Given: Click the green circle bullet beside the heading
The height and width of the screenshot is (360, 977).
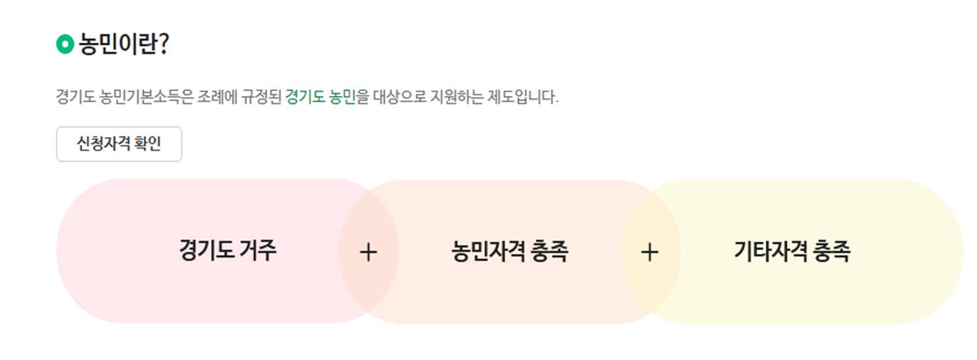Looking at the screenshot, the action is (x=65, y=45).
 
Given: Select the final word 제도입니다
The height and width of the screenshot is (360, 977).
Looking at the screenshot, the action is (x=527, y=97).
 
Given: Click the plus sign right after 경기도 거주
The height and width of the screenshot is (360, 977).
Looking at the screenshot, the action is (x=368, y=252).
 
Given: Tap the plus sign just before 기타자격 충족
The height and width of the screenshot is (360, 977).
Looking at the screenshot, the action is (x=650, y=252).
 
